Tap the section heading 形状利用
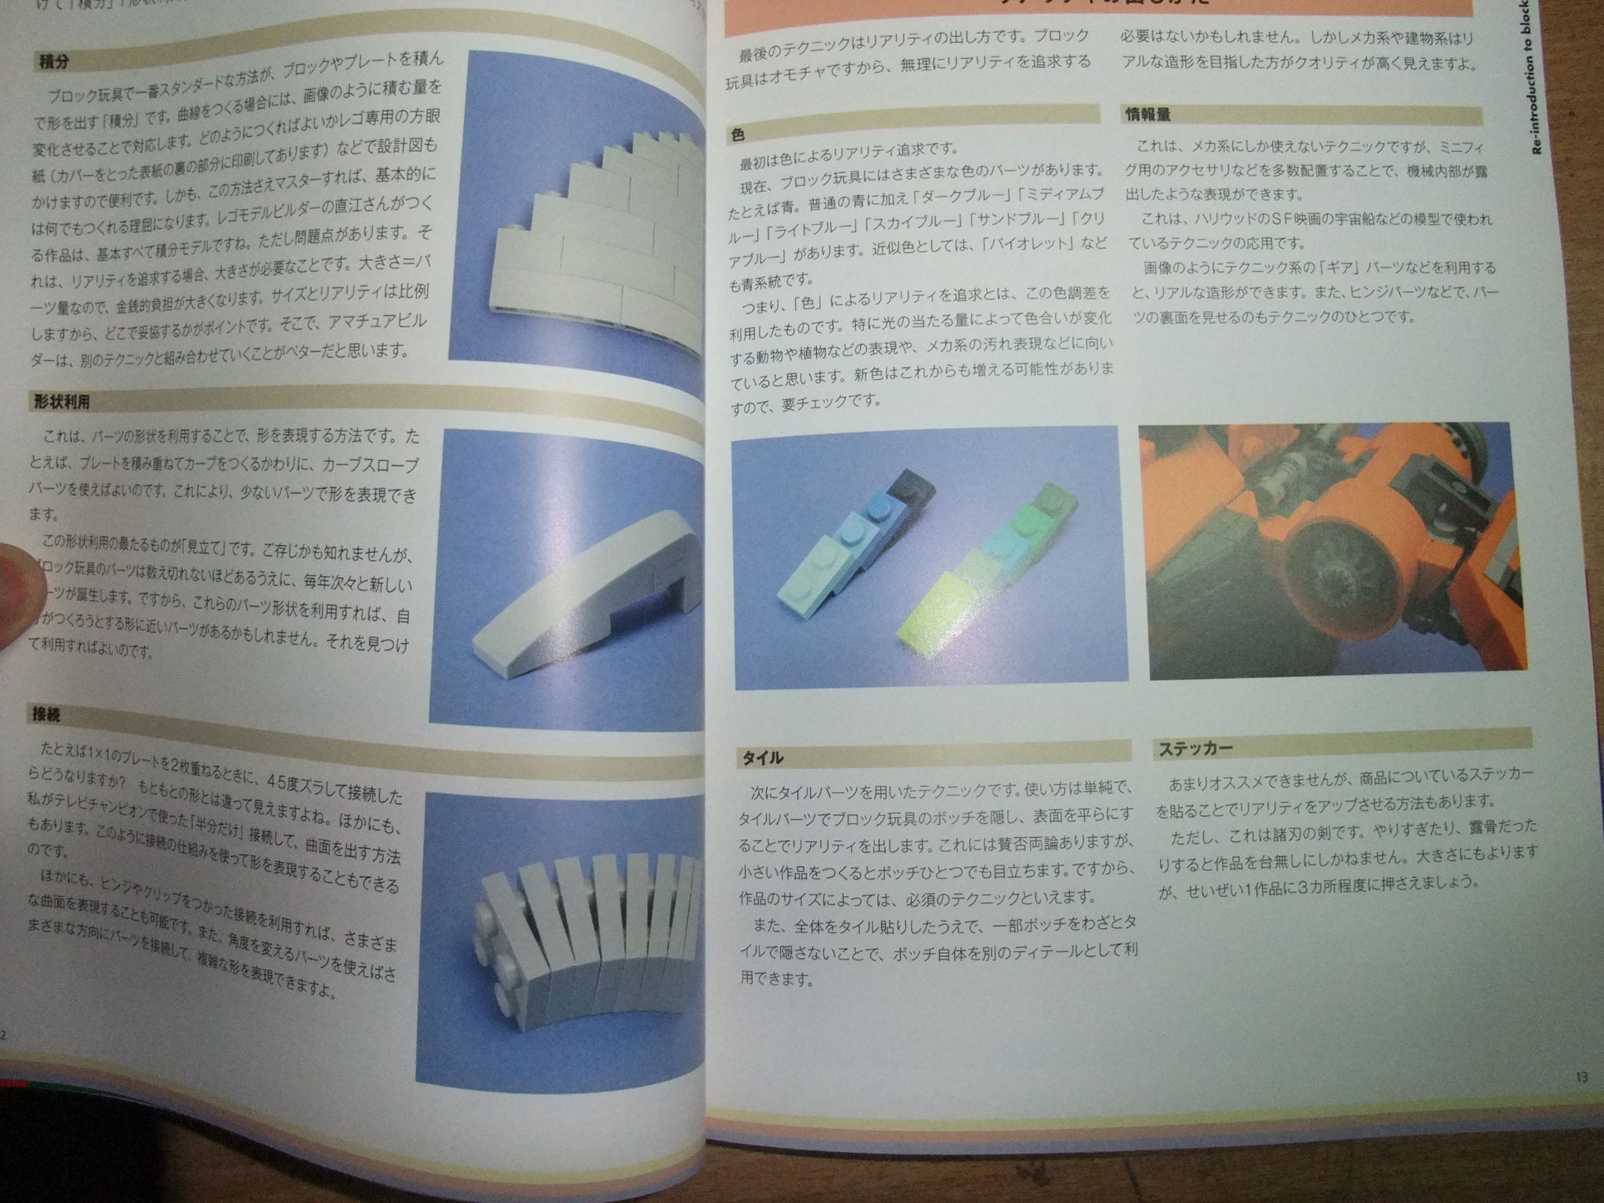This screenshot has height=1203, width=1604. pos(62,402)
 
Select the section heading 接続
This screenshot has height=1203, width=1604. pos(47,715)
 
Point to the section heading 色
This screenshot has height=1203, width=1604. pos(738,135)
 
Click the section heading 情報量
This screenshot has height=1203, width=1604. pos(1148,115)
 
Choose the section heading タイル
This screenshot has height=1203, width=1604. pos(763,758)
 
